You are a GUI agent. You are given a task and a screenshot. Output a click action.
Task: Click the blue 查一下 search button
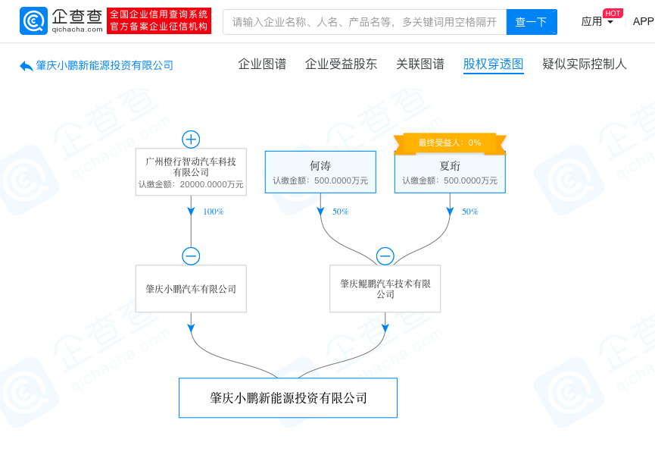click(532, 22)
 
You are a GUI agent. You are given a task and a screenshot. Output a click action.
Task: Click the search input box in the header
click(365, 22)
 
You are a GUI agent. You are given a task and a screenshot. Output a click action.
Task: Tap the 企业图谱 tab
click(262, 64)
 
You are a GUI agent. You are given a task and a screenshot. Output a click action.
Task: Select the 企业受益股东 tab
click(341, 64)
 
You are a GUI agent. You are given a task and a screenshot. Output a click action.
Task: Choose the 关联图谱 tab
click(420, 64)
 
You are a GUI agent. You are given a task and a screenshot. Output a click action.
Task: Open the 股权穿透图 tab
click(494, 64)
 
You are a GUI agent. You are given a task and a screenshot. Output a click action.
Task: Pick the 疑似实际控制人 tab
click(585, 64)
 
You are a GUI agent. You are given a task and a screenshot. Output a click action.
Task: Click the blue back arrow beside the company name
click(27, 66)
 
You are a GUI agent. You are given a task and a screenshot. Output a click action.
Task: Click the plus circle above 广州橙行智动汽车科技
click(191, 140)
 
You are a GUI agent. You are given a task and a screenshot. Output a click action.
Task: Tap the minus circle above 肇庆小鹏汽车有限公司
click(191, 256)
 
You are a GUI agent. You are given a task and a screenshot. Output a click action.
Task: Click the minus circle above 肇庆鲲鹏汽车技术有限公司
click(385, 256)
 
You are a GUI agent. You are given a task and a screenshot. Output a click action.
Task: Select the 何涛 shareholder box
click(320, 172)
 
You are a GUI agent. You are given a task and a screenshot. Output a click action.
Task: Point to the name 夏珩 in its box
click(450, 166)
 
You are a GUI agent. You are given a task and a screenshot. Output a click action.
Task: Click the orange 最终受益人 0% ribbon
click(450, 143)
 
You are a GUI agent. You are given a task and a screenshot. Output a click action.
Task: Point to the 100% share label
click(213, 212)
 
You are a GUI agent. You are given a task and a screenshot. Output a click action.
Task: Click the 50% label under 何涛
click(340, 212)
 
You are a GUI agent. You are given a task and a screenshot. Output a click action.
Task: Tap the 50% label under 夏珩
click(469, 212)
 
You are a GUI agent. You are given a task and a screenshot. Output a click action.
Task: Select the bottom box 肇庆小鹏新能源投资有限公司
click(288, 398)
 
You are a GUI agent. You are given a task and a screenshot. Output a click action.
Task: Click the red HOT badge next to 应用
click(613, 14)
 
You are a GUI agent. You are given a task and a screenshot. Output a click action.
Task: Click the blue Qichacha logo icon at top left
click(33, 21)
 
